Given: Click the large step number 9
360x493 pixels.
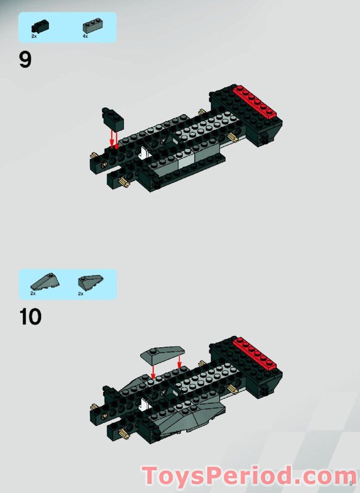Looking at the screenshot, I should (x=25, y=60).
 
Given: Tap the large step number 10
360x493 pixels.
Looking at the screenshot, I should (x=30, y=317).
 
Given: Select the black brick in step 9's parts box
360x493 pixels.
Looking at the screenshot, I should (x=40, y=25).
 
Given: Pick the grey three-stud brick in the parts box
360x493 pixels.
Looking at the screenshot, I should (x=93, y=25).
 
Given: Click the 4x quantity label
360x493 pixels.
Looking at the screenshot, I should (x=85, y=36).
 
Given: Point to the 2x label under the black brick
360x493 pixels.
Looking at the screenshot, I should (x=34, y=36).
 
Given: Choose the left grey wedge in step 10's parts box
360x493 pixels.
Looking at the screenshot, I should (x=41, y=281).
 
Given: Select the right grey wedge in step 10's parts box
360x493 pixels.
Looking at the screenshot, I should (x=90, y=281).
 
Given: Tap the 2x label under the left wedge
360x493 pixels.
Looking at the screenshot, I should (x=33, y=293).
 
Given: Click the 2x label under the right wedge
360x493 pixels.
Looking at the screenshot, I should (x=81, y=293).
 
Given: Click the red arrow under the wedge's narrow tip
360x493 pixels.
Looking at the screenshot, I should (x=153, y=371).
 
